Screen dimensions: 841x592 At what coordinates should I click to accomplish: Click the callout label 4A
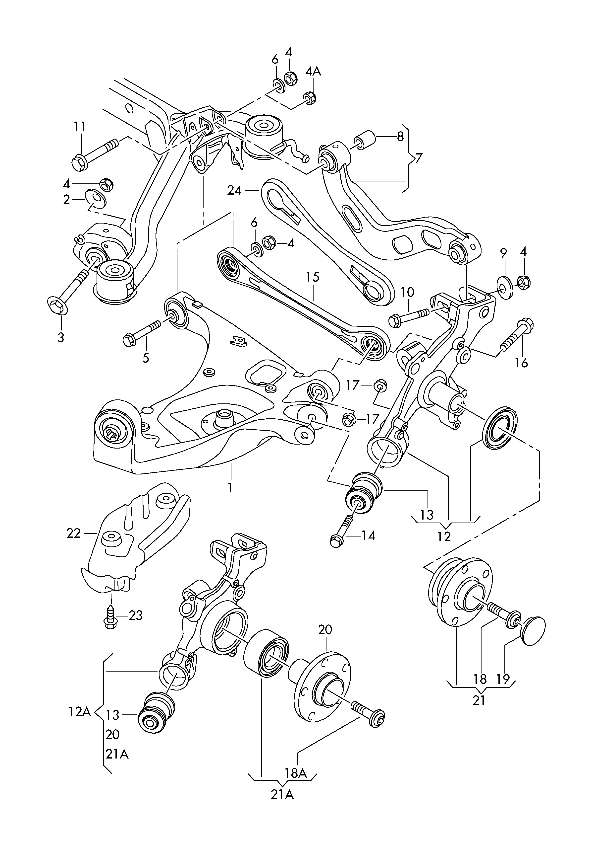(313, 72)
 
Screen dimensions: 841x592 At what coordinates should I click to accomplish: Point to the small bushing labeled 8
(364, 141)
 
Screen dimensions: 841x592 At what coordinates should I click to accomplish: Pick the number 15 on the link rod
(313, 277)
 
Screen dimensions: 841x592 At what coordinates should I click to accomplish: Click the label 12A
(79, 712)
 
